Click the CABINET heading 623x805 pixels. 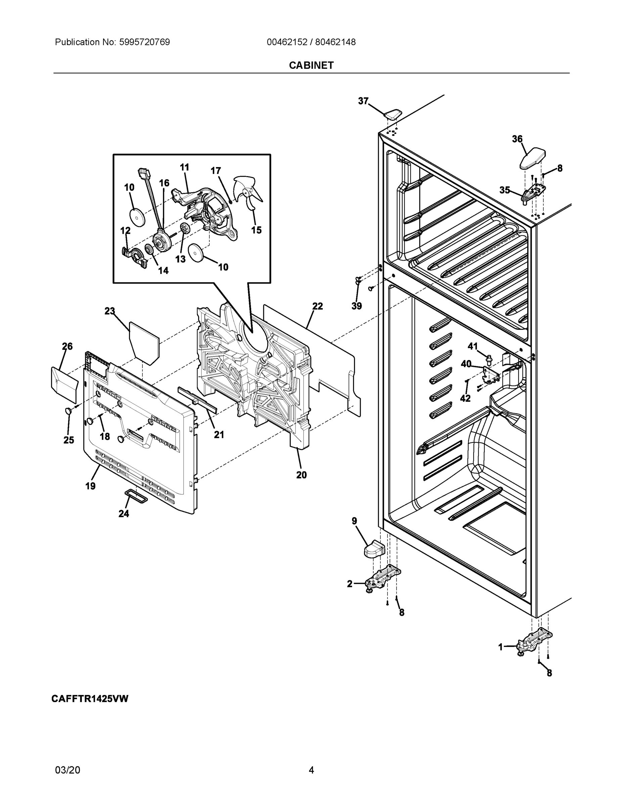pyautogui.click(x=311, y=65)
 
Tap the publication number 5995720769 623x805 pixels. pyautogui.click(x=144, y=42)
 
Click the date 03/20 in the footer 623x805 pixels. pyautogui.click(x=68, y=770)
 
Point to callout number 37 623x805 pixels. pyautogui.click(x=363, y=101)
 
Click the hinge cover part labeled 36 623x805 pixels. pyautogui.click(x=532, y=158)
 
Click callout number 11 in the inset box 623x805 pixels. pyautogui.click(x=184, y=167)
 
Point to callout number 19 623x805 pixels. pyautogui.click(x=90, y=486)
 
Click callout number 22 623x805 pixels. pyautogui.click(x=317, y=306)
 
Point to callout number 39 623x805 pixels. pyautogui.click(x=357, y=306)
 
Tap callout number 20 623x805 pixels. pyautogui.click(x=301, y=475)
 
